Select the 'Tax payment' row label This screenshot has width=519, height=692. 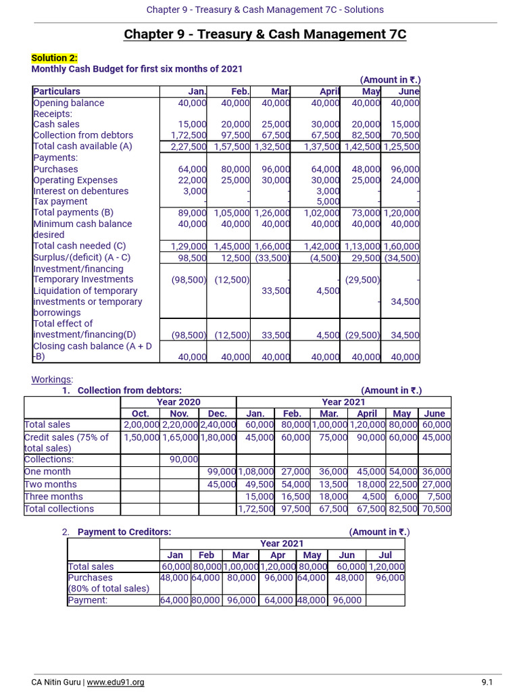tap(60, 201)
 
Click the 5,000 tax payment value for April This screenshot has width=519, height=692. tap(329, 201)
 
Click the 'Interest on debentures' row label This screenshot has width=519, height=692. tap(80, 191)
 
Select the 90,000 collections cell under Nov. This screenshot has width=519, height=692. tap(184, 460)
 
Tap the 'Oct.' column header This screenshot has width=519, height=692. tap(140, 414)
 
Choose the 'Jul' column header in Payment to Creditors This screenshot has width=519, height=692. tap(385, 555)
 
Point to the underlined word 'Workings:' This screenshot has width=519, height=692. tap(53, 379)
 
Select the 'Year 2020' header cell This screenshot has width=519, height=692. tap(178, 402)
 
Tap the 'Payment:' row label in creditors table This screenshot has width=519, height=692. tap(88, 600)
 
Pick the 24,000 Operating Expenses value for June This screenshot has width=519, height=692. tap(405, 180)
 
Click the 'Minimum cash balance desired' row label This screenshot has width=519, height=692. tap(82, 229)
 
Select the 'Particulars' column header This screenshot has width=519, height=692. tap(57, 91)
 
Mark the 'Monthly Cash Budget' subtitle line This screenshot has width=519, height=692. tap(137, 69)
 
